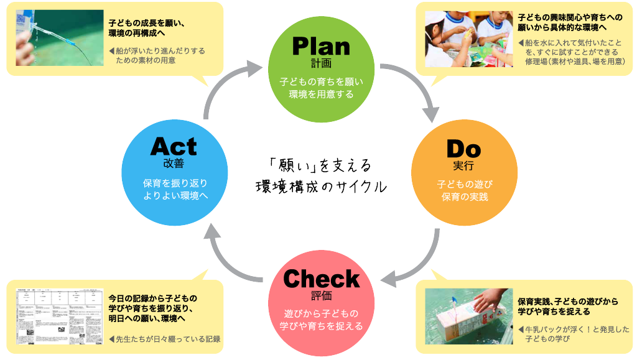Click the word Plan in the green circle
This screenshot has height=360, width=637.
pos(321,46)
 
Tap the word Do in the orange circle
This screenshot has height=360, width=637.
pos(463,149)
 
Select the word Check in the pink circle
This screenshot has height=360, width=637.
pos(321,279)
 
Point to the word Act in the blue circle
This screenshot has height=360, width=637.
pos(174,147)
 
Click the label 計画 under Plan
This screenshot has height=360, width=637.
pos(321,63)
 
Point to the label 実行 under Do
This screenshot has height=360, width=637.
pos(463,165)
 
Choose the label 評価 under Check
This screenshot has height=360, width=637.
pos(321,295)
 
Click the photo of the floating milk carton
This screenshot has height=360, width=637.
pos(468,316)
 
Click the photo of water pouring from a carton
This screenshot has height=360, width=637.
pos(59,37)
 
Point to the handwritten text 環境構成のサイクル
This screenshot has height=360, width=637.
pos(321,186)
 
